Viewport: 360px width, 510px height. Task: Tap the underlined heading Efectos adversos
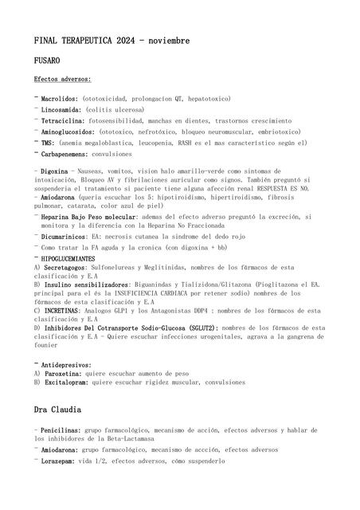62,80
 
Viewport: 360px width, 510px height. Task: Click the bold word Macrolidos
60,99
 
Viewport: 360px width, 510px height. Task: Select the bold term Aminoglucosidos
68,131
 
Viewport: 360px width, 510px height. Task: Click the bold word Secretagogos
64,269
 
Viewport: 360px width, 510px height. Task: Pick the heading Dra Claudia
57,410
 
